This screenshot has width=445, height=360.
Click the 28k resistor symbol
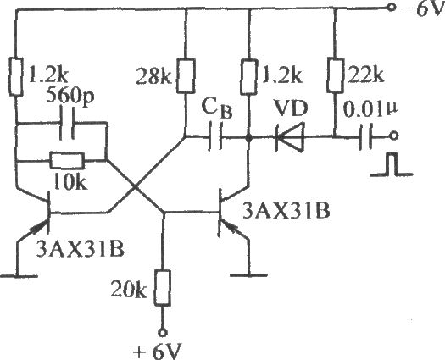[186, 75]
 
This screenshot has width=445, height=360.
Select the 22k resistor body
[335, 75]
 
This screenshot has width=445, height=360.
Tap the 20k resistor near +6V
[163, 288]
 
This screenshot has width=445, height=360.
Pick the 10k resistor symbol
[67, 161]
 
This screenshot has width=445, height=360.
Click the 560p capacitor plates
[67, 123]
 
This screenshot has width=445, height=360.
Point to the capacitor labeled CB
[215, 136]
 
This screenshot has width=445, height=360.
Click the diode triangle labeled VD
[290, 137]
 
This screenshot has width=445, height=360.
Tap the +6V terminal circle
[163, 333]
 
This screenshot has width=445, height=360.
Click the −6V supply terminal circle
[392, 8]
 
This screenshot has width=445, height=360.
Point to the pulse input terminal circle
[393, 136]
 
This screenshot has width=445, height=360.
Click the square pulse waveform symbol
[391, 164]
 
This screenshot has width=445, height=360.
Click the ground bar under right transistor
[249, 275]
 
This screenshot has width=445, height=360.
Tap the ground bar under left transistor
[18, 276]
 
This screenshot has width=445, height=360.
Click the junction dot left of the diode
[249, 138]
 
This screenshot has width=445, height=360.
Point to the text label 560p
[70, 98]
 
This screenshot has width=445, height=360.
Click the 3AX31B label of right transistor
[286, 212]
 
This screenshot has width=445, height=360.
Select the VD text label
[291, 109]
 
